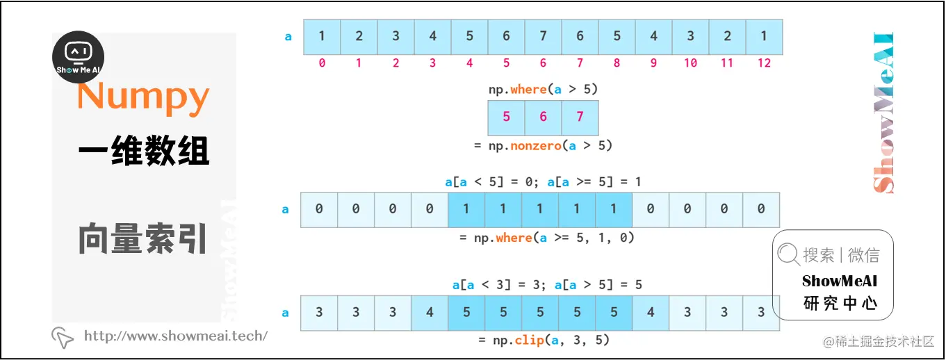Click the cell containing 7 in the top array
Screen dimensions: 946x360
[x=543, y=37]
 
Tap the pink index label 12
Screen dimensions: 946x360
[x=764, y=63]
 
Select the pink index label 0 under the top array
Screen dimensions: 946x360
[x=322, y=63]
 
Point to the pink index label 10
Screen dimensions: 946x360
[x=690, y=63]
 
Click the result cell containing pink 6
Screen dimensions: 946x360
[x=543, y=117]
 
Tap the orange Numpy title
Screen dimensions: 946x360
[x=143, y=97]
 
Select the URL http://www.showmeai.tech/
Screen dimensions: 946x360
[x=175, y=336]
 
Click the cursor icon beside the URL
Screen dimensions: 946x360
[x=63, y=337]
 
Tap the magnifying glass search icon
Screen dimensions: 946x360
[x=788, y=255]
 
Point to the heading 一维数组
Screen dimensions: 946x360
[x=143, y=151]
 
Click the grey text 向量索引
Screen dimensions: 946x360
[x=143, y=238]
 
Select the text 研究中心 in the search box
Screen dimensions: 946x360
[x=839, y=303]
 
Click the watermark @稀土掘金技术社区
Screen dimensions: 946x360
[x=878, y=341]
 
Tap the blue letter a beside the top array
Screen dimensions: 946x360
[x=288, y=37]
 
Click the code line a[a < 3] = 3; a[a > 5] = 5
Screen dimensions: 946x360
[x=547, y=285]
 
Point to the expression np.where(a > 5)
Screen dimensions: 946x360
[x=543, y=90]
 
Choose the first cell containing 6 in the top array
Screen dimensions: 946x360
[x=506, y=37]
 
